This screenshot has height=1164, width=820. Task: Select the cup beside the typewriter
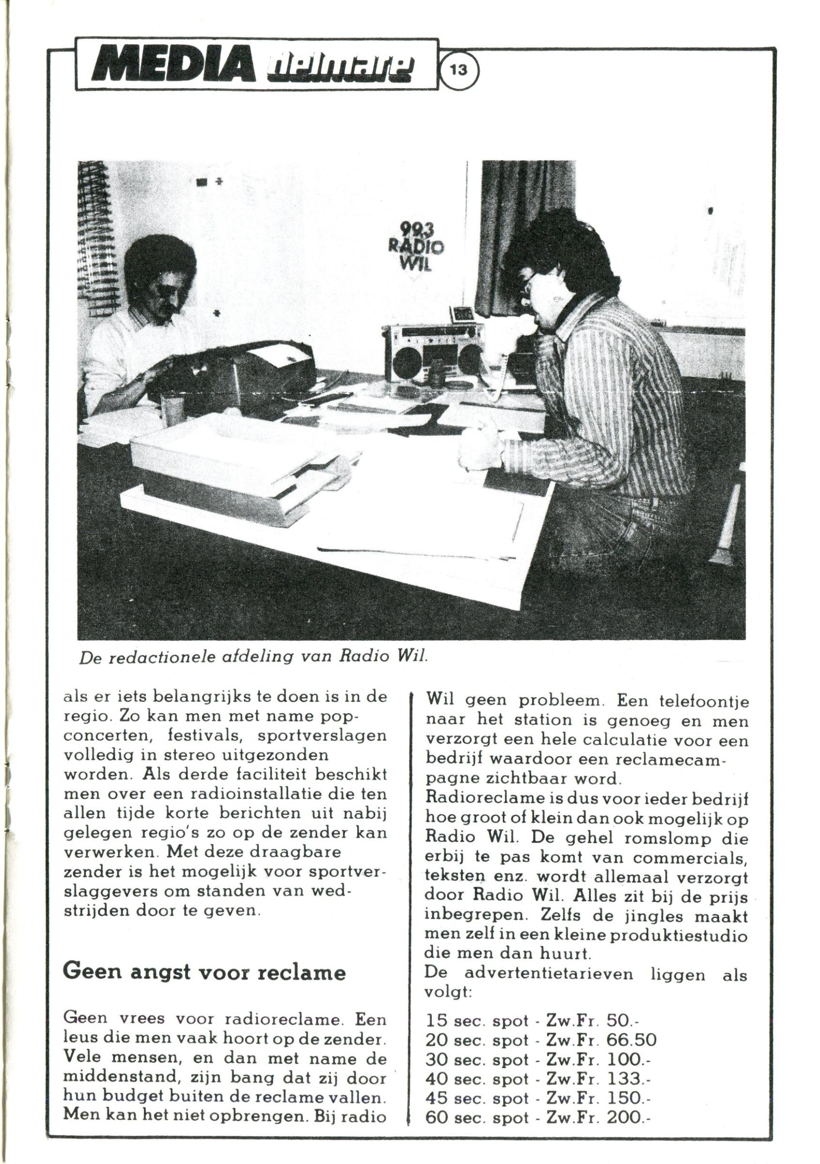172,410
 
